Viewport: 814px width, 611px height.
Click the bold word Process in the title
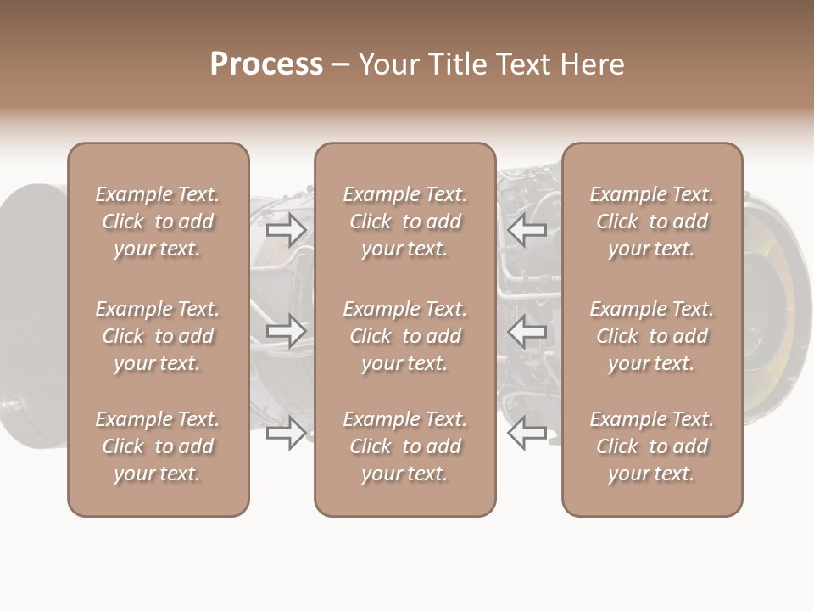coord(266,64)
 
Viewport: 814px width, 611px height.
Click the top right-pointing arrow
coord(286,230)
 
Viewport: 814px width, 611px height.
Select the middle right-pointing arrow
coord(286,331)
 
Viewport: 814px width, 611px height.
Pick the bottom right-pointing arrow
coord(286,433)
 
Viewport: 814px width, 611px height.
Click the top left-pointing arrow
coord(527,230)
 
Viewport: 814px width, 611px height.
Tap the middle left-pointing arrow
coord(527,331)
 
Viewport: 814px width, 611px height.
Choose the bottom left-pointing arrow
coord(527,433)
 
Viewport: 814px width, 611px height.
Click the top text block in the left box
coord(158,221)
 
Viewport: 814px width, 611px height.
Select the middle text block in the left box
coord(158,336)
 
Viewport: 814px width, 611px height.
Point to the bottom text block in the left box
coord(158,446)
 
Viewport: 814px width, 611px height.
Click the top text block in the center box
coord(404,221)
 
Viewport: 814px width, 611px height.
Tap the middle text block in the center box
coord(404,336)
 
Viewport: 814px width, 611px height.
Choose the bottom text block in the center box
coord(404,446)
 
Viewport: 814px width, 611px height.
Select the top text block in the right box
coord(651,221)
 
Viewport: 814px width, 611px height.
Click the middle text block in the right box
coord(651,336)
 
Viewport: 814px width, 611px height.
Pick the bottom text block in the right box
coord(651,446)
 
